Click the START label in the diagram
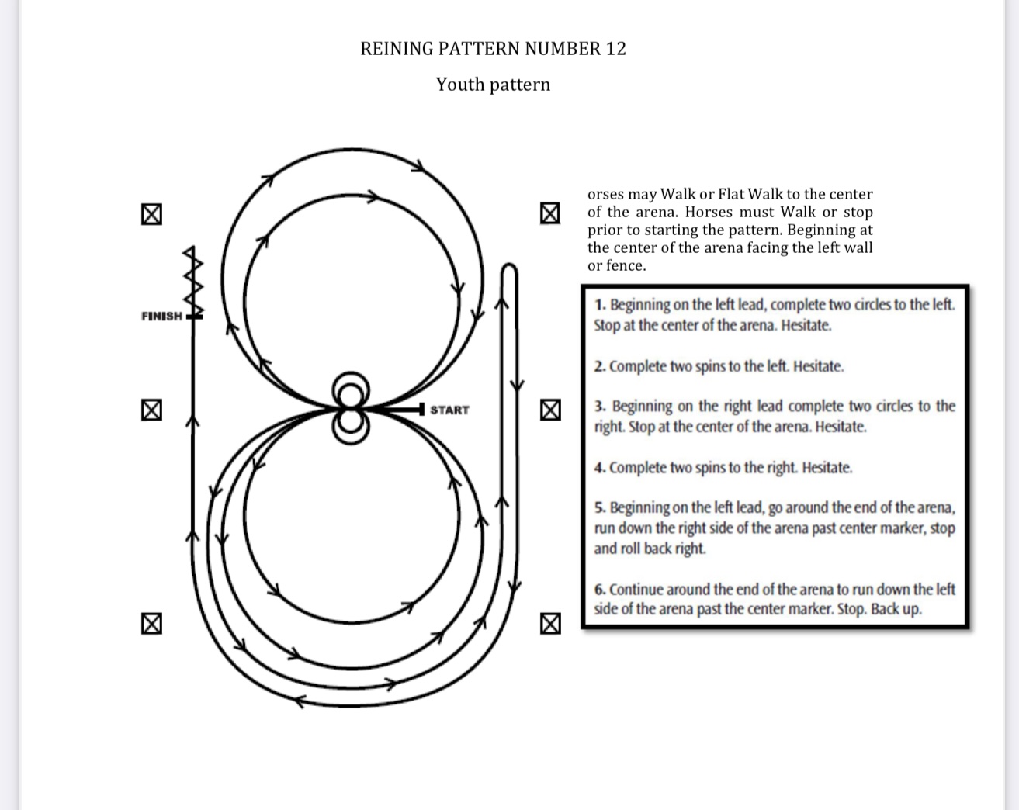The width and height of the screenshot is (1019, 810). click(449, 410)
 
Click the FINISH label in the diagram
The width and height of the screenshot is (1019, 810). click(162, 316)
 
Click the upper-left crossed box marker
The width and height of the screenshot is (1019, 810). click(151, 214)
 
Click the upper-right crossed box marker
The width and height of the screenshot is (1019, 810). click(549, 213)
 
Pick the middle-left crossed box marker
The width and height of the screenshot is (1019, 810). click(151, 410)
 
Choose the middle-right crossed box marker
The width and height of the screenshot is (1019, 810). click(550, 410)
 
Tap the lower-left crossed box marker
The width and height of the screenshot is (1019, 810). click(151, 624)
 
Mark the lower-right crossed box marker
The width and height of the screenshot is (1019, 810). click(550, 624)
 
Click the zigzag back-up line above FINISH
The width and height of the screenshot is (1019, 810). click(193, 282)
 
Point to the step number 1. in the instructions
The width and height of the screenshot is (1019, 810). click(601, 305)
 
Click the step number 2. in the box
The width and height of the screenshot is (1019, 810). click(600, 367)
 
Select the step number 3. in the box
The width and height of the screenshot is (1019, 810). click(601, 407)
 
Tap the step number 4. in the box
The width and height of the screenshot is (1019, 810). click(600, 468)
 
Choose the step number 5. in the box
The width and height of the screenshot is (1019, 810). click(601, 508)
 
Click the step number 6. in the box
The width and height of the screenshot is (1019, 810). click(600, 590)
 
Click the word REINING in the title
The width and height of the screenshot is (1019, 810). click(397, 49)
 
